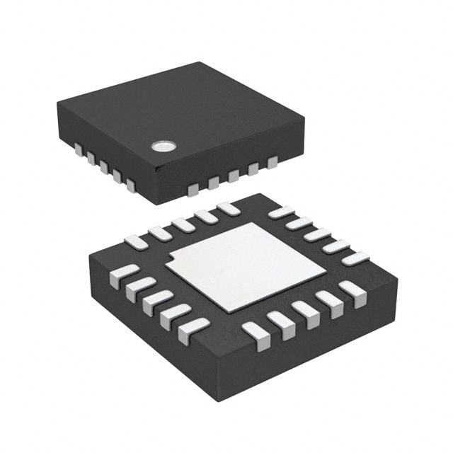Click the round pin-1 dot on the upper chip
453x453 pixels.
163,147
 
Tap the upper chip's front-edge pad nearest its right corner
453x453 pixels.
272,162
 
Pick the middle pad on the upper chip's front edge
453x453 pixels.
232,176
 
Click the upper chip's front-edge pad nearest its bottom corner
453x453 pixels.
193,189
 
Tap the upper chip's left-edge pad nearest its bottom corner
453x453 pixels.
130,185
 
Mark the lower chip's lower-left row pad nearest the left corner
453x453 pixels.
124,275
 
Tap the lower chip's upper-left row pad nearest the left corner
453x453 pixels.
137,241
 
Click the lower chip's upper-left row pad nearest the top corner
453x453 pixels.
228,208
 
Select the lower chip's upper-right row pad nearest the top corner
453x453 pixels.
281,212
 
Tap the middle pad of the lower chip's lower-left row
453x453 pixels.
157,302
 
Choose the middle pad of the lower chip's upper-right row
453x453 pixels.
317,234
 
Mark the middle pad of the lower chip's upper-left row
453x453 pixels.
183,224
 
